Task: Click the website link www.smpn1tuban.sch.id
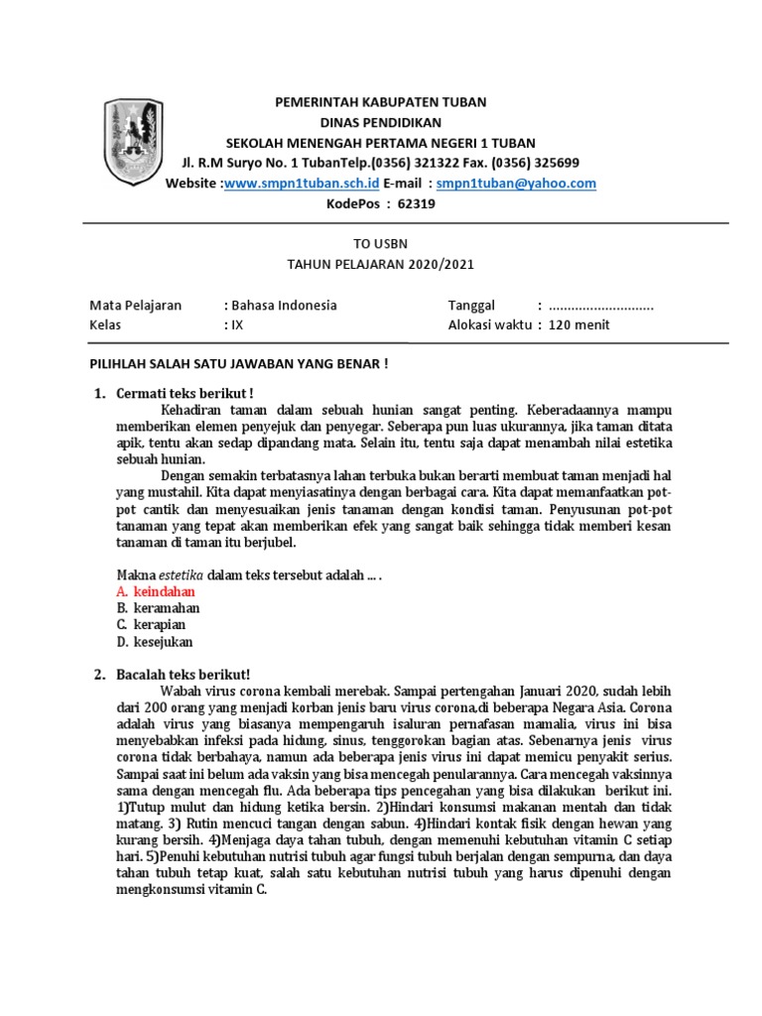tap(302, 184)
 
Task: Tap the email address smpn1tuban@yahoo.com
tap(516, 184)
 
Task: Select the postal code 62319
tap(416, 204)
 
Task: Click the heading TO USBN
tap(381, 243)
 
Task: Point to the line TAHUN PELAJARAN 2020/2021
tap(381, 264)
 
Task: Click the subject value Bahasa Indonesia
tap(284, 306)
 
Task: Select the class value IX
tap(236, 325)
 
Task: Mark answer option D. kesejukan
tap(154, 642)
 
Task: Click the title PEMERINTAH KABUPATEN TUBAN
tap(381, 102)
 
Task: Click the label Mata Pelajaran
tap(136, 306)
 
